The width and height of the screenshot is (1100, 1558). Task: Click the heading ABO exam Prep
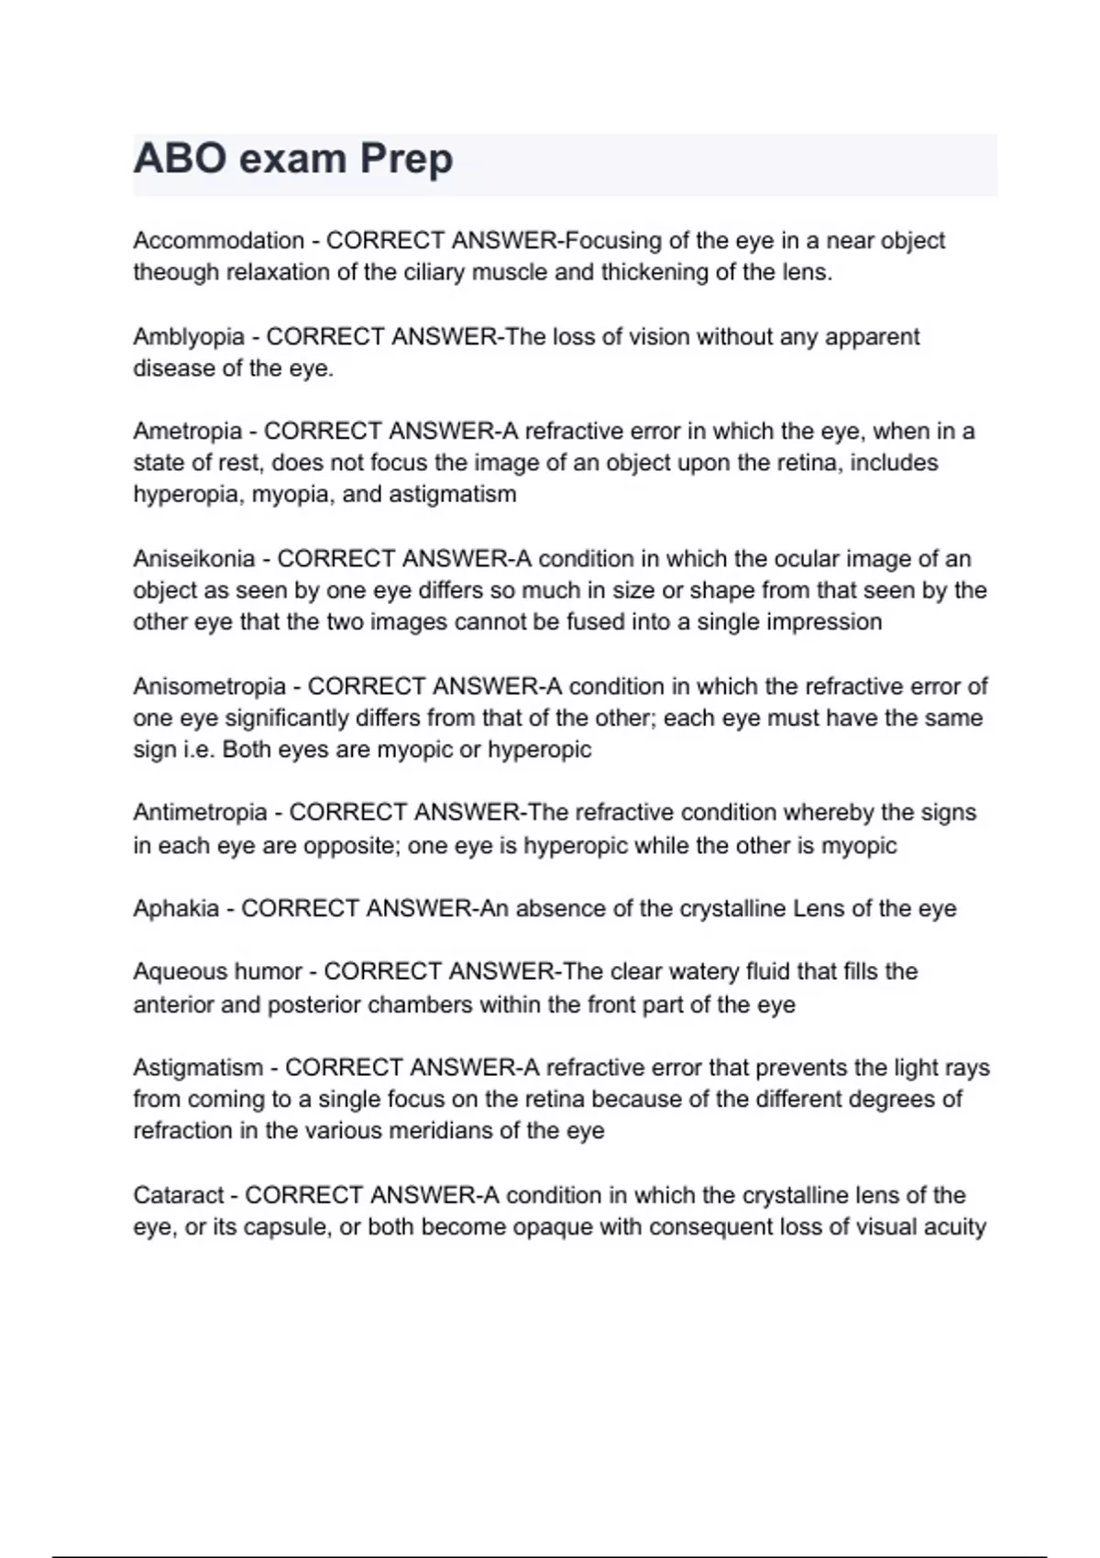click(x=293, y=159)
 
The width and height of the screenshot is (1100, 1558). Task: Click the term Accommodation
click(x=218, y=241)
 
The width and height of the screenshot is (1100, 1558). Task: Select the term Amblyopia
click(x=189, y=337)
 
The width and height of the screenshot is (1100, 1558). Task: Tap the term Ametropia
click(x=187, y=431)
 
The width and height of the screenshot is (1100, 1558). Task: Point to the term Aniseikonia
click(x=194, y=559)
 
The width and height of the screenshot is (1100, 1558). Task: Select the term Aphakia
click(x=176, y=909)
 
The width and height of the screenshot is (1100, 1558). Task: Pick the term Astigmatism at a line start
click(x=198, y=1068)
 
